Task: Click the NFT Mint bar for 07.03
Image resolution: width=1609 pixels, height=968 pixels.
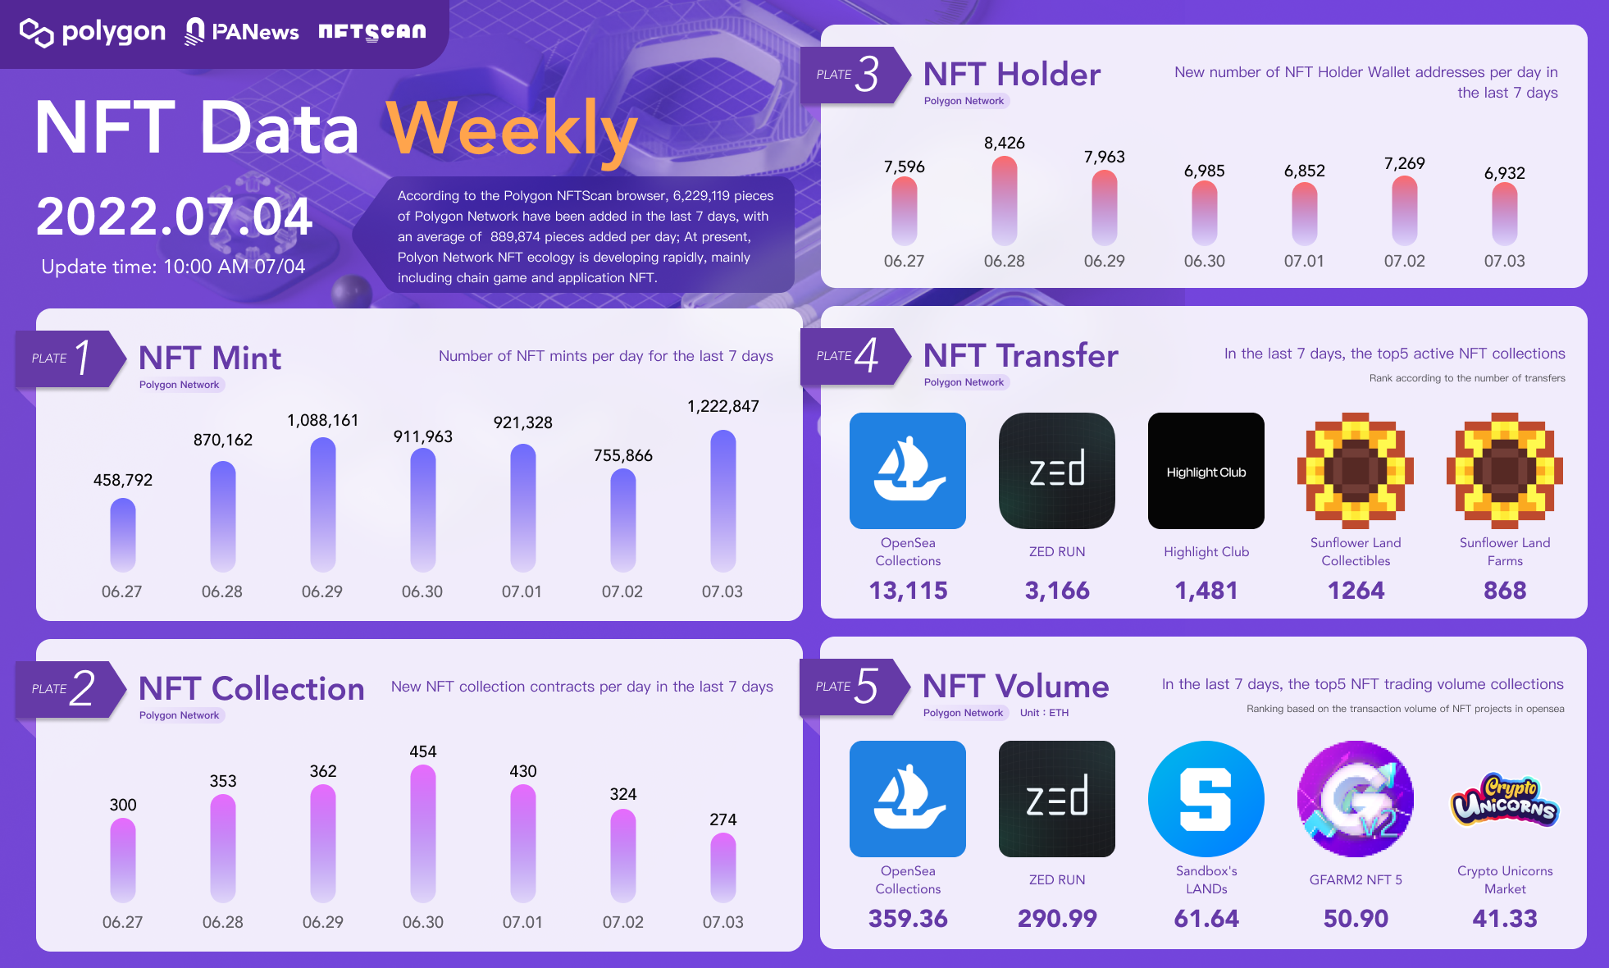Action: pos(722,500)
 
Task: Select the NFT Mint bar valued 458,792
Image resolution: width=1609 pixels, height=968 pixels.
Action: pos(123,534)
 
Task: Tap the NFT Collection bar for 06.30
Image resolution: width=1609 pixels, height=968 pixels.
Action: pos(423,833)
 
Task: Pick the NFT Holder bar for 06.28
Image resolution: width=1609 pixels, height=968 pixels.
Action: pos(1005,200)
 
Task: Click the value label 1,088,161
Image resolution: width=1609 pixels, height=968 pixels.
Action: pos(322,421)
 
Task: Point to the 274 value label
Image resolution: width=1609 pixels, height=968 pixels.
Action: pos(722,820)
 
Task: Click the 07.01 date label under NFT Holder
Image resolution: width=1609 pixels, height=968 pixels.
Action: pos(1304,261)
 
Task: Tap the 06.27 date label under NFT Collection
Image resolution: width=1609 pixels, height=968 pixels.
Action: pos(122,922)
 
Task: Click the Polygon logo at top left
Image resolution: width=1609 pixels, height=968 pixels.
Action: pos(92,32)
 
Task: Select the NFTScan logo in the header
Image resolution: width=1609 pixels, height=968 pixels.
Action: pos(372,31)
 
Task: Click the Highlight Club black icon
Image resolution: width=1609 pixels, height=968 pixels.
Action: pos(1206,471)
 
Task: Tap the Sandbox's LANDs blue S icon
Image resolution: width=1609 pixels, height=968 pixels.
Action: pos(1206,798)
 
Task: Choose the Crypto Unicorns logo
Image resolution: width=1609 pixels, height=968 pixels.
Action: pos(1504,800)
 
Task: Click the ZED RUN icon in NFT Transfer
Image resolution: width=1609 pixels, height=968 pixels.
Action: pos(1056,471)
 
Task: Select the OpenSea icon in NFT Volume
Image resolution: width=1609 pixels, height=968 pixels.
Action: pos(907,798)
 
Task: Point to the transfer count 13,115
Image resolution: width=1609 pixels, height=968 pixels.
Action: pos(908,591)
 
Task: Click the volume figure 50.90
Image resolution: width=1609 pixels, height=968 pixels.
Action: pos(1356,919)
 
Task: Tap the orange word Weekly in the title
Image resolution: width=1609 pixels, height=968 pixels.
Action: pos(512,130)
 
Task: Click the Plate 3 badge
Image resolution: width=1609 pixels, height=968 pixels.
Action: pos(853,75)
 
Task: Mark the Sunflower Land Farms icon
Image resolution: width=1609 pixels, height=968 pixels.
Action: pos(1504,471)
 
